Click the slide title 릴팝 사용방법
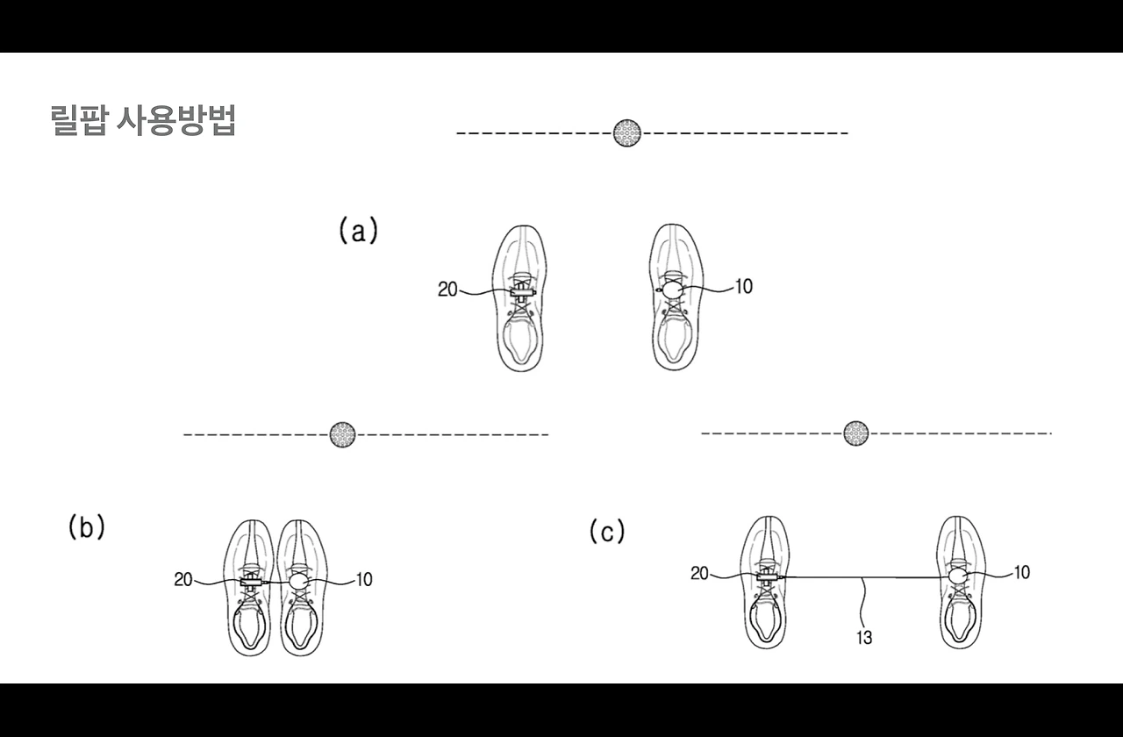(144, 121)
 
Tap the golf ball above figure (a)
(626, 132)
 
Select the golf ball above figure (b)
(343, 433)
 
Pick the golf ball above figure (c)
(855, 433)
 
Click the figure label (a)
(358, 231)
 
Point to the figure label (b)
(87, 526)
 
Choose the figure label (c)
(606, 531)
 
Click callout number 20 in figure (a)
(447, 290)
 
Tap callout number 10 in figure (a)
(743, 286)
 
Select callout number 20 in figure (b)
(183, 579)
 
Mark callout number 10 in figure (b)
(363, 579)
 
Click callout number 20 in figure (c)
(699, 573)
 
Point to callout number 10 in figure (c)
(1021, 572)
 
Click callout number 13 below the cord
(864, 638)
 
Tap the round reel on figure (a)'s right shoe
(673, 289)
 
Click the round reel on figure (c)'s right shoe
(957, 576)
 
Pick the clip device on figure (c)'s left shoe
(768, 576)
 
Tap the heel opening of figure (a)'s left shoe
(521, 339)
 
